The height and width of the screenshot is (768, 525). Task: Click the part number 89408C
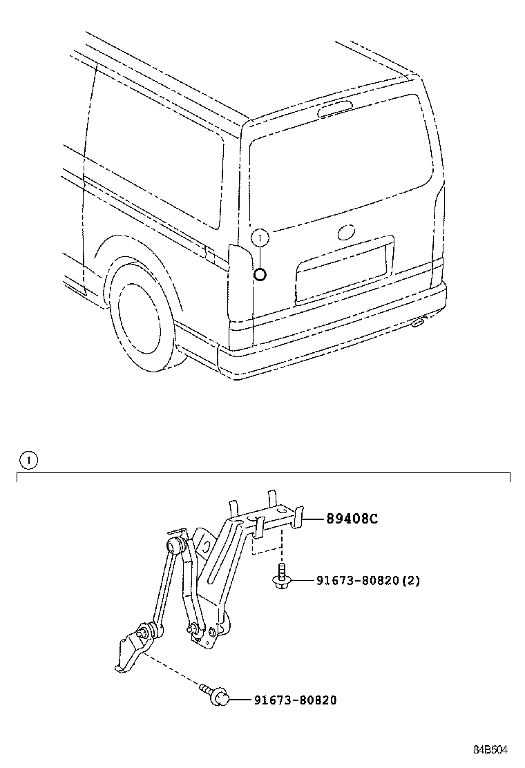(x=352, y=520)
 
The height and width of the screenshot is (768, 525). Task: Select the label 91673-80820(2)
(x=367, y=581)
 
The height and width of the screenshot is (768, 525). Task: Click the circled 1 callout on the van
(x=259, y=238)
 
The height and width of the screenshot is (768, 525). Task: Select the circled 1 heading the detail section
(x=28, y=459)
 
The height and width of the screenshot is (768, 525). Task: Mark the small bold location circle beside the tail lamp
(x=260, y=276)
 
